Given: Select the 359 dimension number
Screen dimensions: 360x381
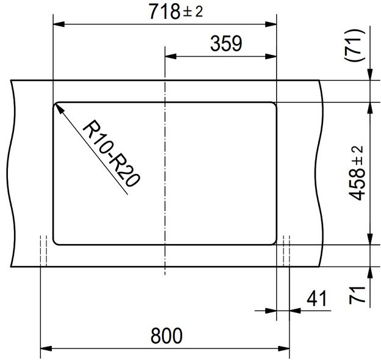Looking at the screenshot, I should pyautogui.click(x=226, y=44).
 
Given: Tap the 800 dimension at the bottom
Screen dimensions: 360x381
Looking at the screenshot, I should pyautogui.click(x=165, y=335).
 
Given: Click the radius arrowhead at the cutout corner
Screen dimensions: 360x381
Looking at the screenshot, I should pyautogui.click(x=59, y=106).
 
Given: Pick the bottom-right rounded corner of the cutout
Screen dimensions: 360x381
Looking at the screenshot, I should pyautogui.click(x=273, y=241).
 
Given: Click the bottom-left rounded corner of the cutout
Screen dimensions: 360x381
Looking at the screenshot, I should pyautogui.click(x=57, y=241).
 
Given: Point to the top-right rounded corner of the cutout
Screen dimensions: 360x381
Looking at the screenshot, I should pyautogui.click(x=273, y=104).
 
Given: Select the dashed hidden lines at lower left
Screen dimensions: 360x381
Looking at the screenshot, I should pyautogui.click(x=43, y=251).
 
